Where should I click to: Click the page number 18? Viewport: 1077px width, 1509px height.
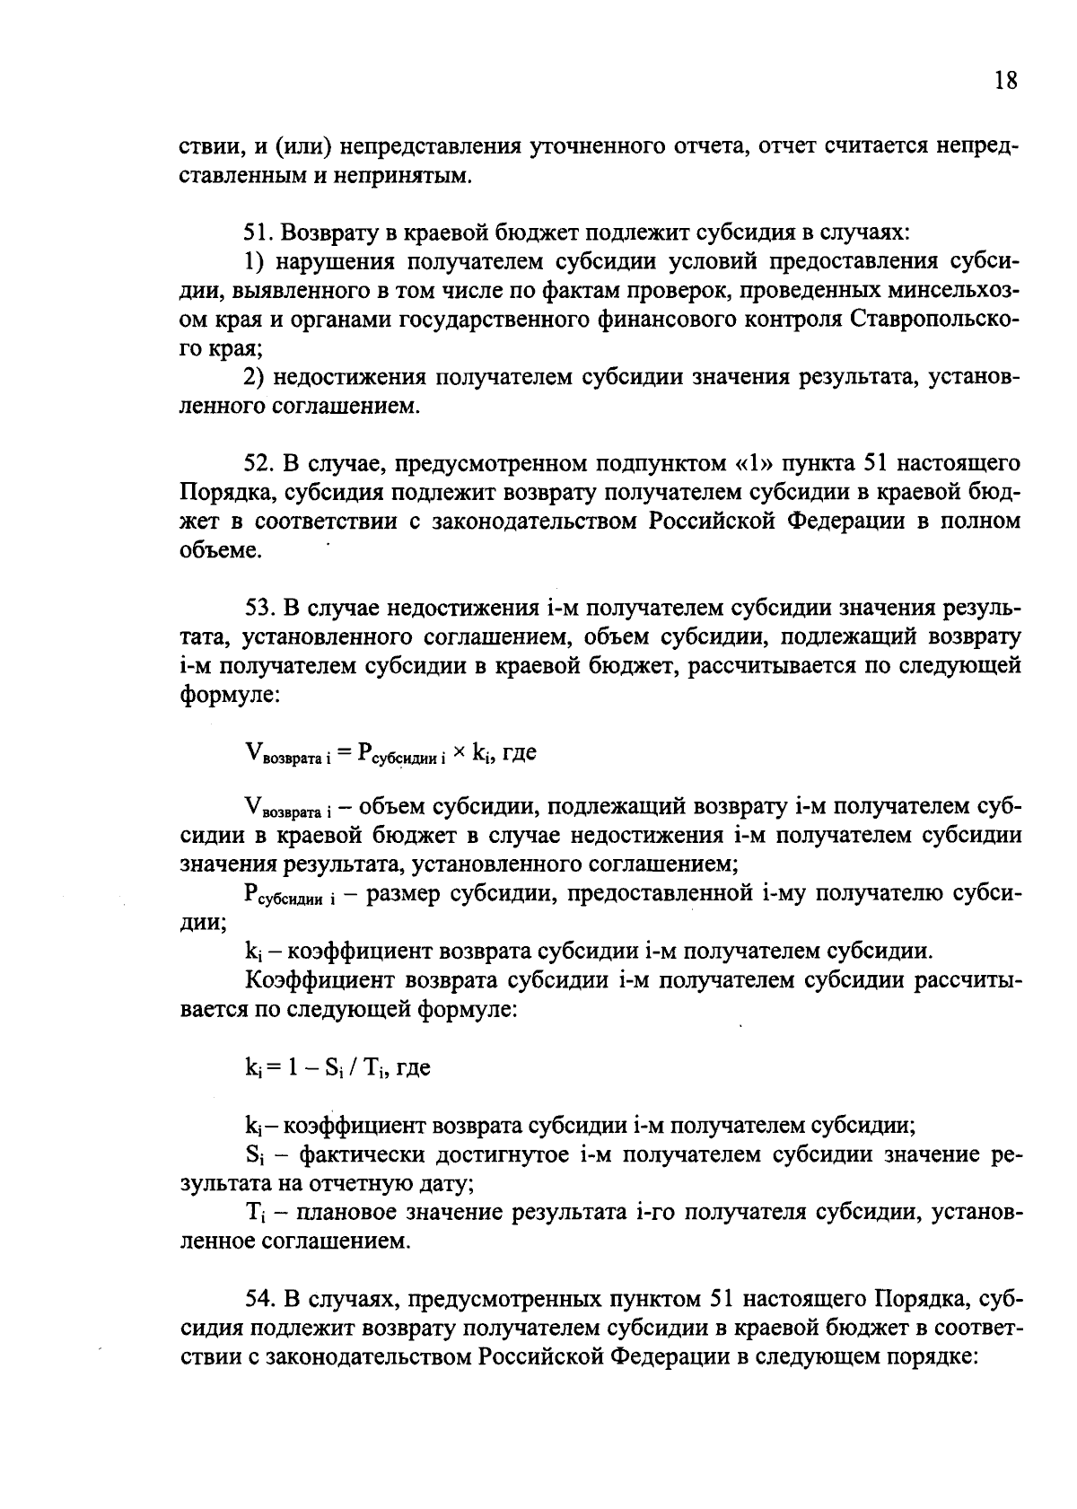point(1006,81)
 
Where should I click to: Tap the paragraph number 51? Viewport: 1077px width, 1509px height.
point(258,232)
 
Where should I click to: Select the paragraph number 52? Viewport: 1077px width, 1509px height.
point(258,463)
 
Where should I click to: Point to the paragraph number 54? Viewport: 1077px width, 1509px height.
point(258,1299)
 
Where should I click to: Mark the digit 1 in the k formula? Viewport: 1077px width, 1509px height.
point(293,1067)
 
